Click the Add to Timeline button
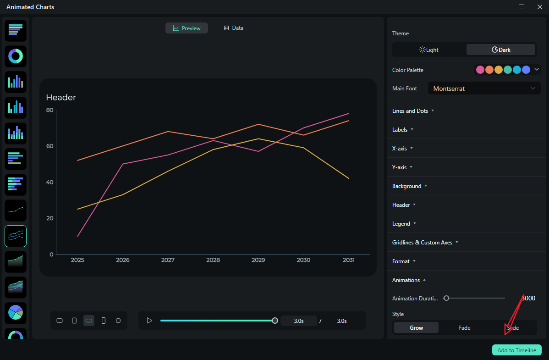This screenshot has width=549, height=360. [516, 350]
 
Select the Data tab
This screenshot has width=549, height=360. [233, 28]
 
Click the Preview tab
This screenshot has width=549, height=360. [187, 28]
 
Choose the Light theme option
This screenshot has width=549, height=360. [429, 50]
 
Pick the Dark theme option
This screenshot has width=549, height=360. [501, 50]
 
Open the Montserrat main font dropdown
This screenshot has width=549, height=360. [484, 89]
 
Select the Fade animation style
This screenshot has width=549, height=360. [465, 328]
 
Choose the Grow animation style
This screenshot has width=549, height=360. [416, 328]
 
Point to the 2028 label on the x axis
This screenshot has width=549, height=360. [213, 260]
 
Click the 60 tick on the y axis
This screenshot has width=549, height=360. [49, 146]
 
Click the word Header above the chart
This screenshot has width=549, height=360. [61, 97]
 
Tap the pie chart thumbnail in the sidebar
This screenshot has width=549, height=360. [16, 313]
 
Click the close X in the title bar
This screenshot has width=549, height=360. [539, 7]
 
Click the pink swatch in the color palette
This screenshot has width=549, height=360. [480, 70]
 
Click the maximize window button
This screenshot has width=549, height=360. [522, 7]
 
